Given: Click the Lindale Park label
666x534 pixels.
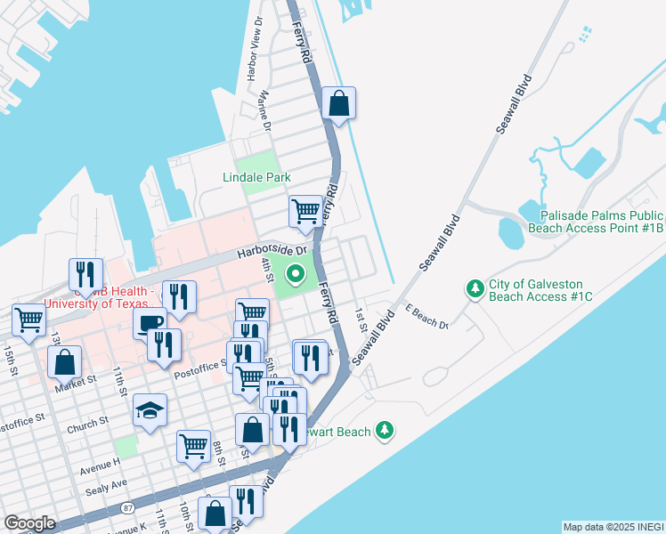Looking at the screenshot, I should pyautogui.click(x=256, y=177).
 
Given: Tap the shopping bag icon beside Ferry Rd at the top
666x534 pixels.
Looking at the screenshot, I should pyautogui.click(x=338, y=104).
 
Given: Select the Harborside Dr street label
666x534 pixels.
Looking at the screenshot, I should pyautogui.click(x=271, y=254).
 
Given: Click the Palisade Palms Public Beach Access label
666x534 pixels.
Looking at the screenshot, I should pyautogui.click(x=596, y=222).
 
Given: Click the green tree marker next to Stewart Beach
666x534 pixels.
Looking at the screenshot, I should pyautogui.click(x=384, y=431).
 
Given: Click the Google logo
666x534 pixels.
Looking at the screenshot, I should pyautogui.click(x=29, y=523).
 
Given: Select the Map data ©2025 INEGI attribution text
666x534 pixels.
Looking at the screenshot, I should pyautogui.click(x=613, y=527).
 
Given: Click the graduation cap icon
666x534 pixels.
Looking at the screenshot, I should pyautogui.click(x=150, y=410).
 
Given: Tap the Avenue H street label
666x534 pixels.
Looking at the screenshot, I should pyautogui.click(x=97, y=463).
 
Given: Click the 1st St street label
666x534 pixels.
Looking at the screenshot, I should pyautogui.click(x=361, y=320).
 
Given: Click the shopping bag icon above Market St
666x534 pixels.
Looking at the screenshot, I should pyautogui.click(x=64, y=362).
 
